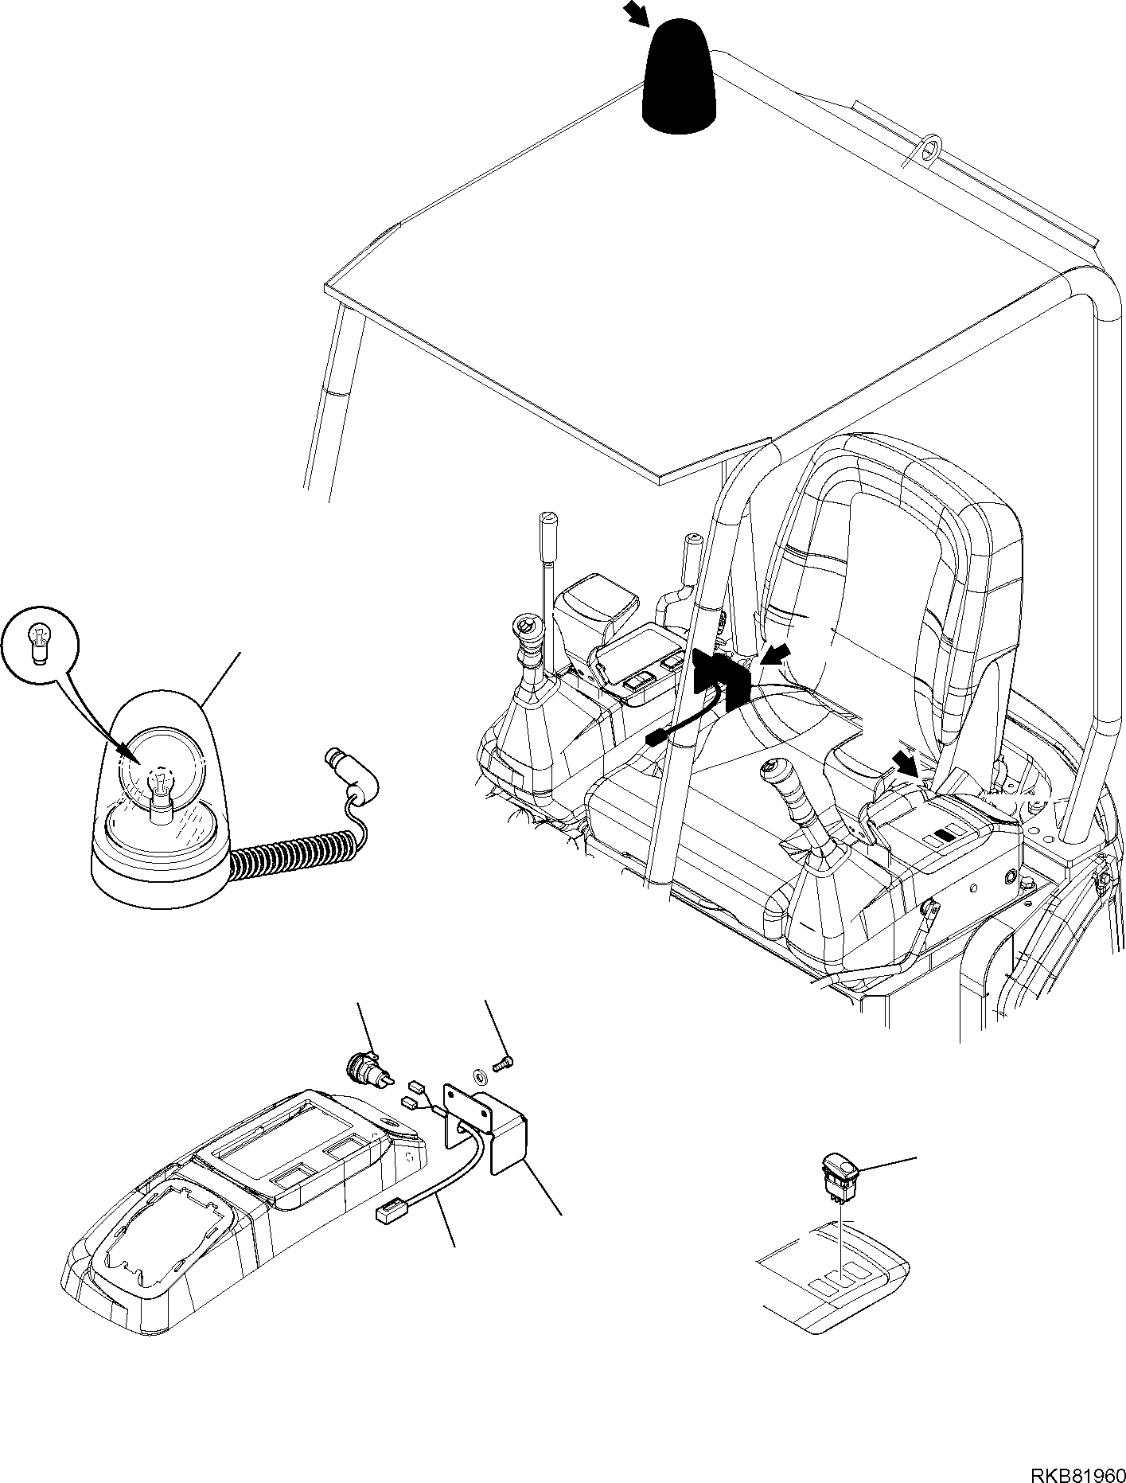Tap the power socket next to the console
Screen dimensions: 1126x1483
(368, 1067)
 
